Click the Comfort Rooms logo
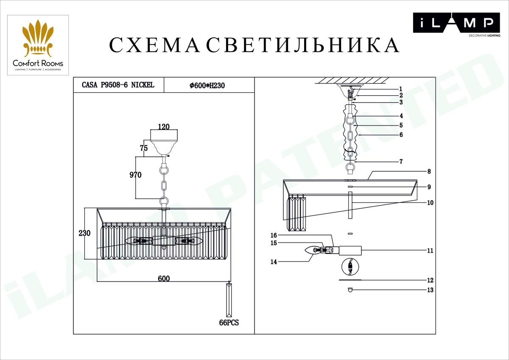38,45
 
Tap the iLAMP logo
453,24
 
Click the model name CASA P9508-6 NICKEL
118,85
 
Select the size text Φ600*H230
207,85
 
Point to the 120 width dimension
163,126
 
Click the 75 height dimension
143,148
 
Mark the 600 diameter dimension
164,279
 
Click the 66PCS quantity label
229,323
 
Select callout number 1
400,89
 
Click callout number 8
429,172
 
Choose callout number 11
430,251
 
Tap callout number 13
430,290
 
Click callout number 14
274,262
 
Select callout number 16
274,235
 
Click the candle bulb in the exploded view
314,250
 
